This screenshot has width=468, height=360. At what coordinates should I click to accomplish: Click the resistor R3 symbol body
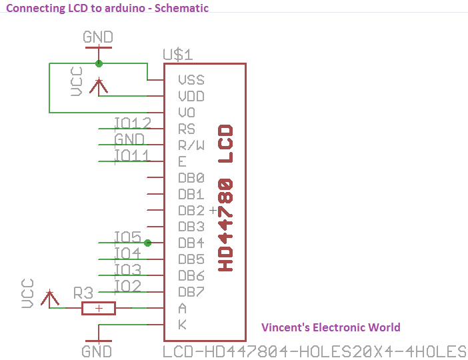(x=99, y=308)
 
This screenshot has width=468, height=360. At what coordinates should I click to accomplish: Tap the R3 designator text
(x=83, y=293)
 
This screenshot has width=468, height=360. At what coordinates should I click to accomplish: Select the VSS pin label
(x=191, y=80)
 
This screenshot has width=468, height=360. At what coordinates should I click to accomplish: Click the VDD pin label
(x=191, y=97)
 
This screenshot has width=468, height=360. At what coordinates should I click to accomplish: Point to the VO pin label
(x=187, y=113)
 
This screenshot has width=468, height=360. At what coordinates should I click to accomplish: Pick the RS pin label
(x=187, y=129)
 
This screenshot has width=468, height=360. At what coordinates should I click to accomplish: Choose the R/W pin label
(x=191, y=145)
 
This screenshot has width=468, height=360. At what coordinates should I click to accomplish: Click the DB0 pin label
(x=191, y=178)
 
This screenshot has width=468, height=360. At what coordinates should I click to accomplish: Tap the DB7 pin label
(x=191, y=292)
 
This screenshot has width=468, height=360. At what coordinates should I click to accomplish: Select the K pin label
(x=183, y=325)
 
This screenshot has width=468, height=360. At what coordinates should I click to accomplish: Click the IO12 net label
(x=133, y=123)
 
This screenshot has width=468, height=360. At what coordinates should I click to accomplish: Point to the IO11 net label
(x=131, y=155)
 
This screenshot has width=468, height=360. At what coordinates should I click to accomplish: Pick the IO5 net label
(x=128, y=237)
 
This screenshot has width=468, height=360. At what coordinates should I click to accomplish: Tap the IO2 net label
(x=128, y=286)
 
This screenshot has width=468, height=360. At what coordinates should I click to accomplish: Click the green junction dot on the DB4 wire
(x=147, y=243)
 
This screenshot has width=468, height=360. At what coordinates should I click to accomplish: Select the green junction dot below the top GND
(x=99, y=63)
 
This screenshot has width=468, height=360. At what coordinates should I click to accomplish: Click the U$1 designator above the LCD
(x=178, y=55)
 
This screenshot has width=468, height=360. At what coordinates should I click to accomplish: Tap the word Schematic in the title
(x=181, y=8)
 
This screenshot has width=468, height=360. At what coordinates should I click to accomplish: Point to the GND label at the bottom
(x=97, y=351)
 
